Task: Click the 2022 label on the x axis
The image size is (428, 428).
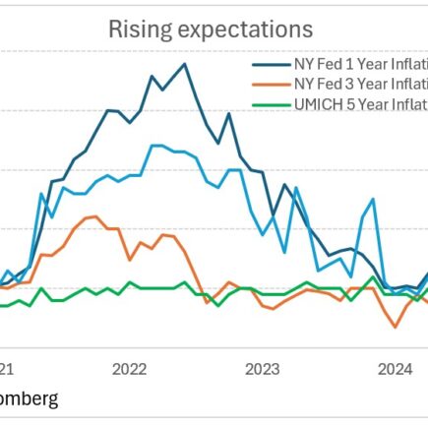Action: [130, 368]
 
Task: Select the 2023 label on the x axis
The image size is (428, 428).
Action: [262, 368]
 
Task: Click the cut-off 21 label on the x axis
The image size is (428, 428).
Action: [7, 368]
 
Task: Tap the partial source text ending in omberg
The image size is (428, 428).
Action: [29, 398]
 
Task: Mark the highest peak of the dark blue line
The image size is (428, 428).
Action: [184, 64]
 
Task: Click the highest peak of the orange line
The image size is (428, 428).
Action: [91, 216]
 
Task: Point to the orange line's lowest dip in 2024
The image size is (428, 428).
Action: [396, 327]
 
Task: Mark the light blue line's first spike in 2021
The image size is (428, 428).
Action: [42, 194]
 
